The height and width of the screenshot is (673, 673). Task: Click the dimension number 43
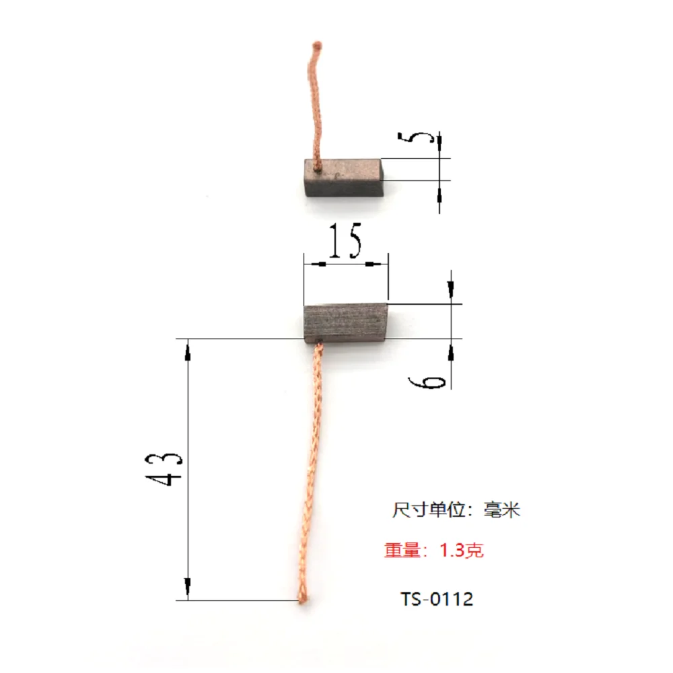[164, 468]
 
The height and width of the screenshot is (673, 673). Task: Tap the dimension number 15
[346, 240]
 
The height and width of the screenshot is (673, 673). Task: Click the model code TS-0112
[437, 598]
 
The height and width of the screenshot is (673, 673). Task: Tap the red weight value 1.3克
[462, 551]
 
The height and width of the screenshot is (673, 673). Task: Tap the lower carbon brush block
[345, 322]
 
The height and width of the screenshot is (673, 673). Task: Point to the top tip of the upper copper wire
[317, 46]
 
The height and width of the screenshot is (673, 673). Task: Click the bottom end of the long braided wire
[304, 598]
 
